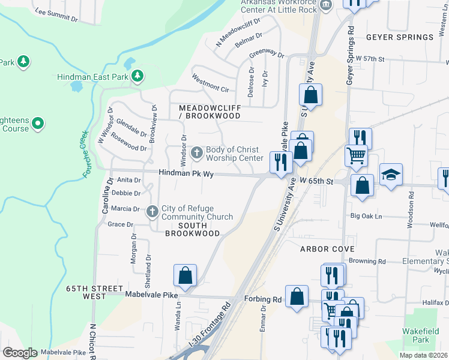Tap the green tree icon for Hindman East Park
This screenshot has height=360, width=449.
pos(138,76)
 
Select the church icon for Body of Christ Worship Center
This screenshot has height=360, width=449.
pos(196,154)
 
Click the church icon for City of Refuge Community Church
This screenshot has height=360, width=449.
pos(152,211)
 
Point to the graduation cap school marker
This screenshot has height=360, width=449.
pos(391,175)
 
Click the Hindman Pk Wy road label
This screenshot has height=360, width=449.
pos(186,173)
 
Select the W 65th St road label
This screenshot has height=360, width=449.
pos(316,180)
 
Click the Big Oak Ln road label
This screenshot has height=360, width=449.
pos(367,216)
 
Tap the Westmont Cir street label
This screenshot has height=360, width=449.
pos(210,83)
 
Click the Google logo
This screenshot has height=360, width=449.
pos(20,353)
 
